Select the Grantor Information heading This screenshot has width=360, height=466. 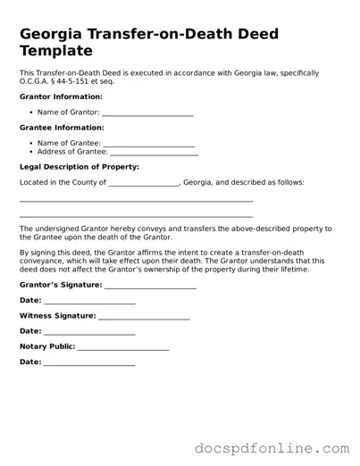coord(61,96)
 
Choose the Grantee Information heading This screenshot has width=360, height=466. coord(61,128)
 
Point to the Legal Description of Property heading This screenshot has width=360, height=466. coord(79,167)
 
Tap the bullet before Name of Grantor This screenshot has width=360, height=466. coord(31,112)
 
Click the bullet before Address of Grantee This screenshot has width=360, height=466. coord(31,152)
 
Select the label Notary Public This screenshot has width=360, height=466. coord(47,346)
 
